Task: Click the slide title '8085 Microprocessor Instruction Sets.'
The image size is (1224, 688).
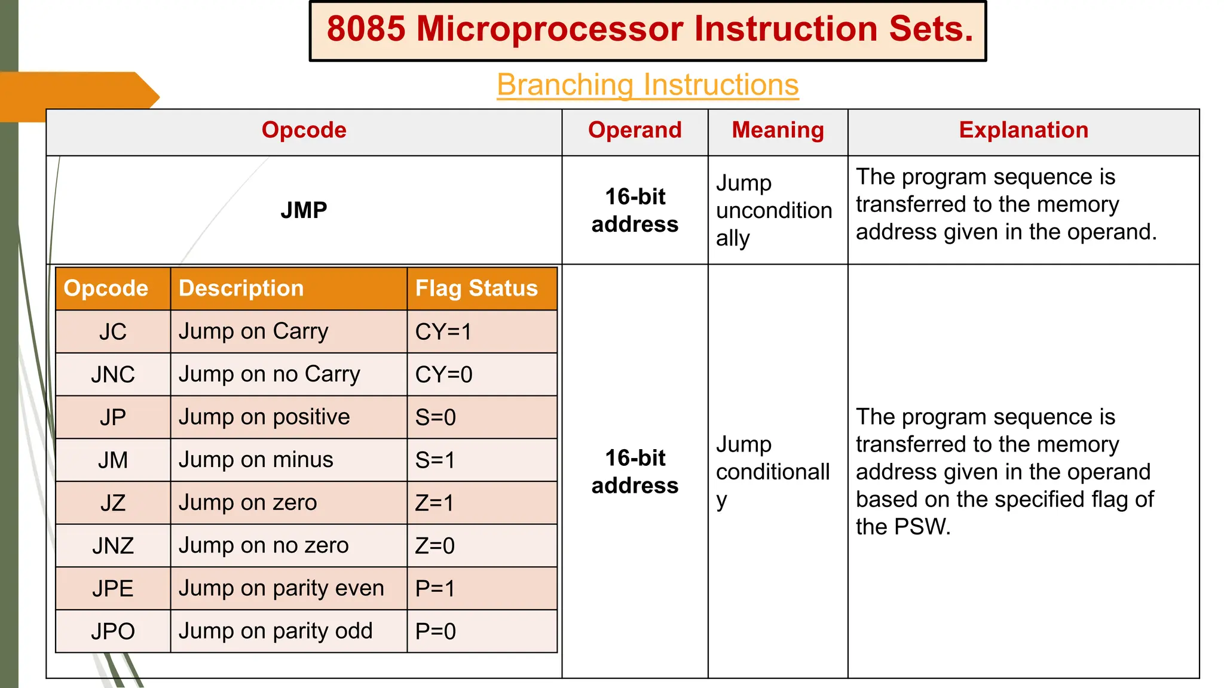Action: [648, 30]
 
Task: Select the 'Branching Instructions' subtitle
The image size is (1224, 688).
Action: [648, 85]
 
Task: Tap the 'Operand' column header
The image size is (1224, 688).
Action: [635, 130]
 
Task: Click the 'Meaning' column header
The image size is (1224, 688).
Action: [778, 130]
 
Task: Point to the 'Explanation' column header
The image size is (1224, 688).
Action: [1023, 130]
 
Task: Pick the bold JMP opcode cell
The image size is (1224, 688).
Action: [304, 210]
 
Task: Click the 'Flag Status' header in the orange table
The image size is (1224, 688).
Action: [476, 288]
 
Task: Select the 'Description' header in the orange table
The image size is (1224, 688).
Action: [241, 288]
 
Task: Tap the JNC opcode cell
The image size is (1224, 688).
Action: [113, 374]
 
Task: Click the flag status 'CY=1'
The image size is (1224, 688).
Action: [443, 331]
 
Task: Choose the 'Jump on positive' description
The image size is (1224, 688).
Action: [264, 417]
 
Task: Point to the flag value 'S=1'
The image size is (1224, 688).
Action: [435, 460]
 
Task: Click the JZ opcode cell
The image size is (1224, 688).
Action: [113, 503]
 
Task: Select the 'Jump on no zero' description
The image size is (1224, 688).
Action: [264, 545]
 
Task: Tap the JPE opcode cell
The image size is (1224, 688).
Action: [113, 589]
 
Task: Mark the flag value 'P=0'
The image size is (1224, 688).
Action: [436, 631]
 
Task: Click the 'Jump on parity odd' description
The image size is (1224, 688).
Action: [276, 631]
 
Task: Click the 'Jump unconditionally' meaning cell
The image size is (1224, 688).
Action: [774, 210]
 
